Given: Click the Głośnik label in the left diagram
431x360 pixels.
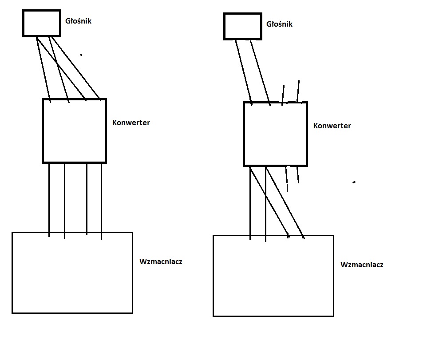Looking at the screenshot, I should [x=78, y=20].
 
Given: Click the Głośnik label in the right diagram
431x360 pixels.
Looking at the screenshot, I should [x=279, y=24].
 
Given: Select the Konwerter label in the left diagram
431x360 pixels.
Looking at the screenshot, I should [x=131, y=123].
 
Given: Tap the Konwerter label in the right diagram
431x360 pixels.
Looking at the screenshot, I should [x=332, y=126].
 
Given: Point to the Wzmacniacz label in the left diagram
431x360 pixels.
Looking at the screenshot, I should [x=161, y=261].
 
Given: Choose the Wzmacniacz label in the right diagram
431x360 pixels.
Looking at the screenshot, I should [x=362, y=265].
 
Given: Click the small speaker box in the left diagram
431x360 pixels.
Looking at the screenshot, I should [x=42, y=24].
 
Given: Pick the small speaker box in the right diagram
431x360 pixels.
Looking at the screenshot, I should [x=242, y=26].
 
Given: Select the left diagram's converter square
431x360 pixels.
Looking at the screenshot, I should [x=74, y=131].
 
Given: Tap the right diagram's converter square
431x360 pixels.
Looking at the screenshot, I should [x=275, y=134].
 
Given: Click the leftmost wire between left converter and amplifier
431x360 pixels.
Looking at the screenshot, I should [x=49, y=198].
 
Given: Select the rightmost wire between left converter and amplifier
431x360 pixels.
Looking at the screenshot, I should [x=102, y=198].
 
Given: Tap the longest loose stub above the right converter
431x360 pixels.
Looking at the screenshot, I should [x=298, y=91].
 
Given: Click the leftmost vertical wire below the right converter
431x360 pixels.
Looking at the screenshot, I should [x=250, y=202].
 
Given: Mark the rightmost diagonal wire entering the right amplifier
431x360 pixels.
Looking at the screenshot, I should [x=285, y=202].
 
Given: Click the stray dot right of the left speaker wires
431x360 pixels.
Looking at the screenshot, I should [x=81, y=55].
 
